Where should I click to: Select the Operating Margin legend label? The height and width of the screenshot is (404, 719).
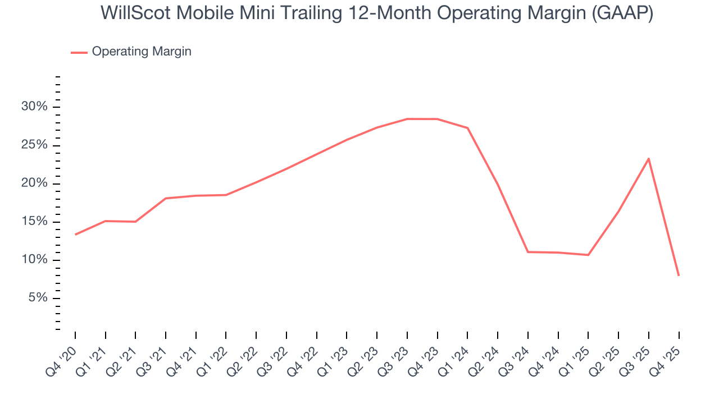tap(142, 52)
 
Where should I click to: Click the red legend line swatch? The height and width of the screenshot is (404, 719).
tap(79, 52)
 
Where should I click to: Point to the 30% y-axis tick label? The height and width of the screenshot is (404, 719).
tap(34, 107)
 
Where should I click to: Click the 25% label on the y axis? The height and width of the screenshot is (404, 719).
tap(34, 145)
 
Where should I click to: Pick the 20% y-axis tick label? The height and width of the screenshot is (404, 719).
tap(34, 183)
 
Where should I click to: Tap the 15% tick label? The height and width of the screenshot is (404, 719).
tap(34, 222)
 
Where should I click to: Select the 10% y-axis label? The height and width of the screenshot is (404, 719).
tap(34, 260)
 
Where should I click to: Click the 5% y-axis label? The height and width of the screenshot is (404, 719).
tap(37, 298)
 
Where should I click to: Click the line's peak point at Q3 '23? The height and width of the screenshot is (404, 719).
tap(407, 119)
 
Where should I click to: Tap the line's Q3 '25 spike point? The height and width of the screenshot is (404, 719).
tap(649, 158)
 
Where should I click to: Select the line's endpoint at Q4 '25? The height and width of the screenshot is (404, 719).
tap(679, 275)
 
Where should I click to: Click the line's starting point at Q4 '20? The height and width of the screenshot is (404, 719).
tap(75, 235)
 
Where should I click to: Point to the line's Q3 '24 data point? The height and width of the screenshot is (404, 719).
tap(528, 252)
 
